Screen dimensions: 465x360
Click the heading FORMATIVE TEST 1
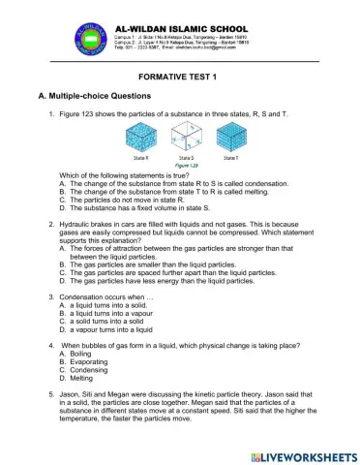pyautogui.click(x=179, y=77)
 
